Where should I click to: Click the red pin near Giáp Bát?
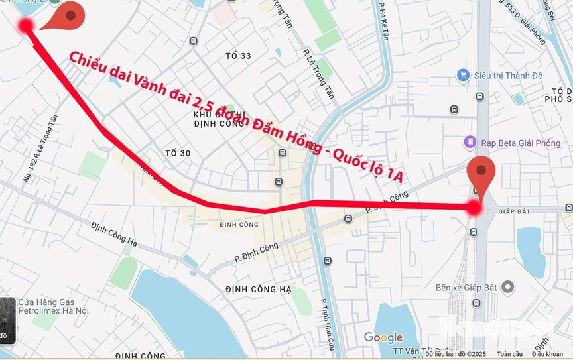[481, 174]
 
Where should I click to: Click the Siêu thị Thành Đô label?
[508, 76]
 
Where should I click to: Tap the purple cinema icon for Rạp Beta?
[470, 143]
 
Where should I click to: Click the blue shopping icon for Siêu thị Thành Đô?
[464, 76]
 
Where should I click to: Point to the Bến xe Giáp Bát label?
[466, 288]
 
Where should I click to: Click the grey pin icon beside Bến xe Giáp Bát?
[507, 287]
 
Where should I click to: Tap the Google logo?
[383, 337]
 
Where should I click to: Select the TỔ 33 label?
[238, 56]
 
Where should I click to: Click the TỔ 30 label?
[178, 154]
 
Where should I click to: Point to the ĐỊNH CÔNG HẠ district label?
[258, 290]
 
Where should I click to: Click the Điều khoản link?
[547, 355]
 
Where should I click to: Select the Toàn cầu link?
[509, 355]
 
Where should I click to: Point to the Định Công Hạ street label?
[113, 235]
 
